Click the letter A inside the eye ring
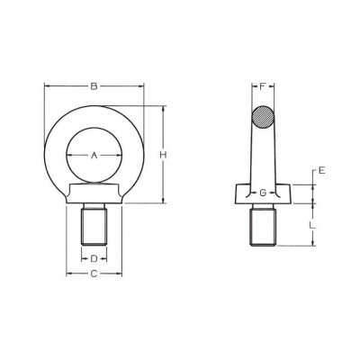pos(94,156)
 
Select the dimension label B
pos(94,86)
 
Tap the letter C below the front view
pos(94,275)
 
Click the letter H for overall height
pos(163,156)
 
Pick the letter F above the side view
pos(262,87)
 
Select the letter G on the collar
pos(262,193)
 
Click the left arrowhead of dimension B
pos(47,87)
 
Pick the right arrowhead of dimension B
pos(142,87)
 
